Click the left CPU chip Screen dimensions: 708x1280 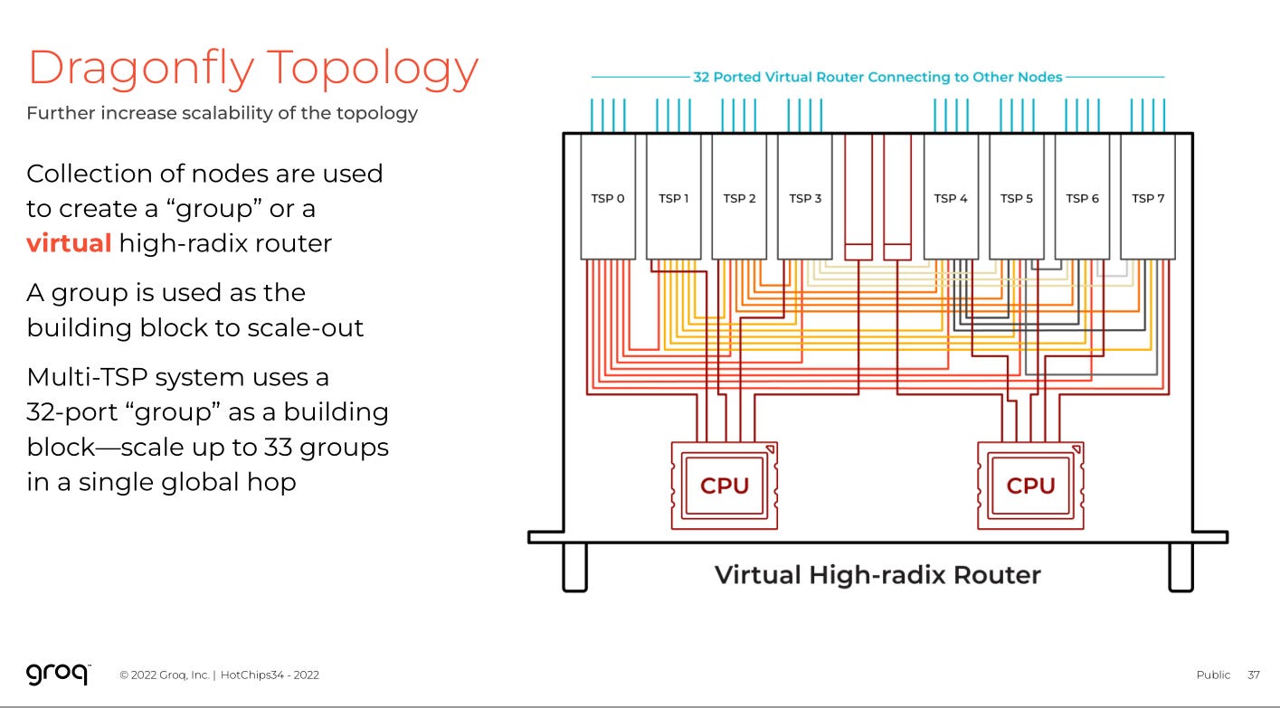(725, 486)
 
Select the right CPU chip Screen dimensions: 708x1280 (1030, 486)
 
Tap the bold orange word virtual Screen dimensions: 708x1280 (69, 243)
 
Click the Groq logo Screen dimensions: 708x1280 (58, 674)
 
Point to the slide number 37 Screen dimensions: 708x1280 (1253, 675)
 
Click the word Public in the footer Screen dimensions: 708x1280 (1213, 675)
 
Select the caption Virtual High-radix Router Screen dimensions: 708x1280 (877, 574)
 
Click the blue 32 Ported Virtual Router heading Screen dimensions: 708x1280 (877, 77)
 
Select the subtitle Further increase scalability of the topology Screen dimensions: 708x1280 (222, 113)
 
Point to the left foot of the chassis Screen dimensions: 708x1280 (575, 567)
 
